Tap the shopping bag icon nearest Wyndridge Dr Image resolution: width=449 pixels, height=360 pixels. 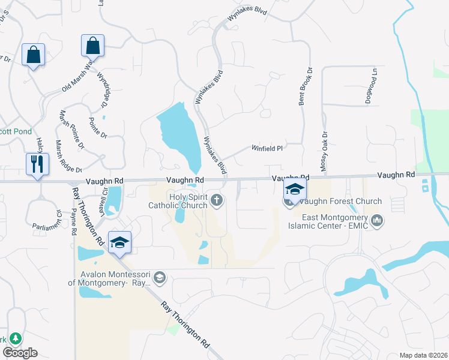[93, 46]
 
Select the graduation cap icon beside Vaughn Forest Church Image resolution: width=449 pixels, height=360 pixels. [295, 189]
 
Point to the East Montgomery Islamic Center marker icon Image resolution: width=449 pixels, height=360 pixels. [377, 221]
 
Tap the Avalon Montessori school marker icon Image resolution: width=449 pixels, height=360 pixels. [159, 277]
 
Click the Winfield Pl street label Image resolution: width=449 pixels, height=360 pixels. [266, 147]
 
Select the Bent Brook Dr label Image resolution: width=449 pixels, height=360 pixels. [306, 88]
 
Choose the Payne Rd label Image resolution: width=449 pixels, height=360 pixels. [74, 221]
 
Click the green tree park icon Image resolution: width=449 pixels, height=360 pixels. [13, 338]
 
